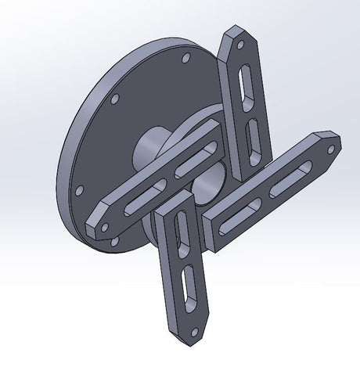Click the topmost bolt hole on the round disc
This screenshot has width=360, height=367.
[x=185, y=59]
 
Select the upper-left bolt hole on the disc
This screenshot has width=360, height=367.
[x=114, y=99]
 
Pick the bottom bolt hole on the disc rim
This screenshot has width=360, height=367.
[x=115, y=242]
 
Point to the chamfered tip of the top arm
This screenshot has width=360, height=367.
[x=235, y=36]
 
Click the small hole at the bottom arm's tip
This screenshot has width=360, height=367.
[x=196, y=321]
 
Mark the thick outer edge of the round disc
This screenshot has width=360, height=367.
[x=66, y=157]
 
